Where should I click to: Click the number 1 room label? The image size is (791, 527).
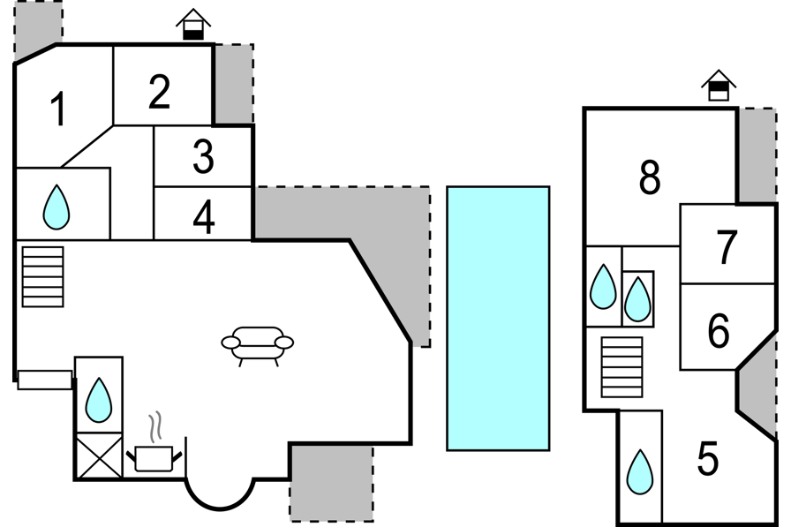pyautogui.click(x=58, y=109)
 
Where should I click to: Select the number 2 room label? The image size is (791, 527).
pyautogui.click(x=160, y=92)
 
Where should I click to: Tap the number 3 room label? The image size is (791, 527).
pyautogui.click(x=203, y=157)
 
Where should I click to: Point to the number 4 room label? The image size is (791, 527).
pyautogui.click(x=204, y=217)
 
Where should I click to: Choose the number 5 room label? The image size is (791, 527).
pyautogui.click(x=708, y=458)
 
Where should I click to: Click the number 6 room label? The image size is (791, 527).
pyautogui.click(x=719, y=331)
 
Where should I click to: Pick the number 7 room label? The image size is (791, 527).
pyautogui.click(x=727, y=246)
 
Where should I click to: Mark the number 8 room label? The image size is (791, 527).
pyautogui.click(x=649, y=177)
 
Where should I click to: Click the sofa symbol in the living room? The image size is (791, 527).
pyautogui.click(x=257, y=346)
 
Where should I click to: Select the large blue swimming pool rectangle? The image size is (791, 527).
pyautogui.click(x=498, y=318)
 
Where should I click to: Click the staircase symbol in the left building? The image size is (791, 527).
pyautogui.click(x=43, y=276)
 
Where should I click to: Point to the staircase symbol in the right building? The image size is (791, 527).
pyautogui.click(x=622, y=367)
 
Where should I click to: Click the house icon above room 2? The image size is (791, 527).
pyautogui.click(x=193, y=24)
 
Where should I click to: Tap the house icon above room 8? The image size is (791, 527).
pyautogui.click(x=719, y=86)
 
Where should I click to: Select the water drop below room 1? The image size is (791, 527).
pyautogui.click(x=56, y=207)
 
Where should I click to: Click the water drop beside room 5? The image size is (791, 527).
pyautogui.click(x=640, y=472)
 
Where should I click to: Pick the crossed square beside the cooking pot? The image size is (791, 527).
pyautogui.click(x=99, y=455)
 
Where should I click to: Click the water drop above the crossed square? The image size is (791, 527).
pyautogui.click(x=98, y=400)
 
